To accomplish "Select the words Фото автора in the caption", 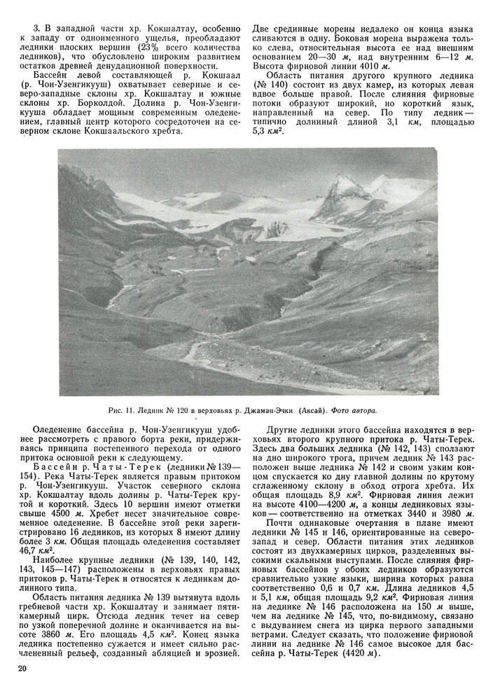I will [353, 409].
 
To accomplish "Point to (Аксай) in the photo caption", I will [311, 409].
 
